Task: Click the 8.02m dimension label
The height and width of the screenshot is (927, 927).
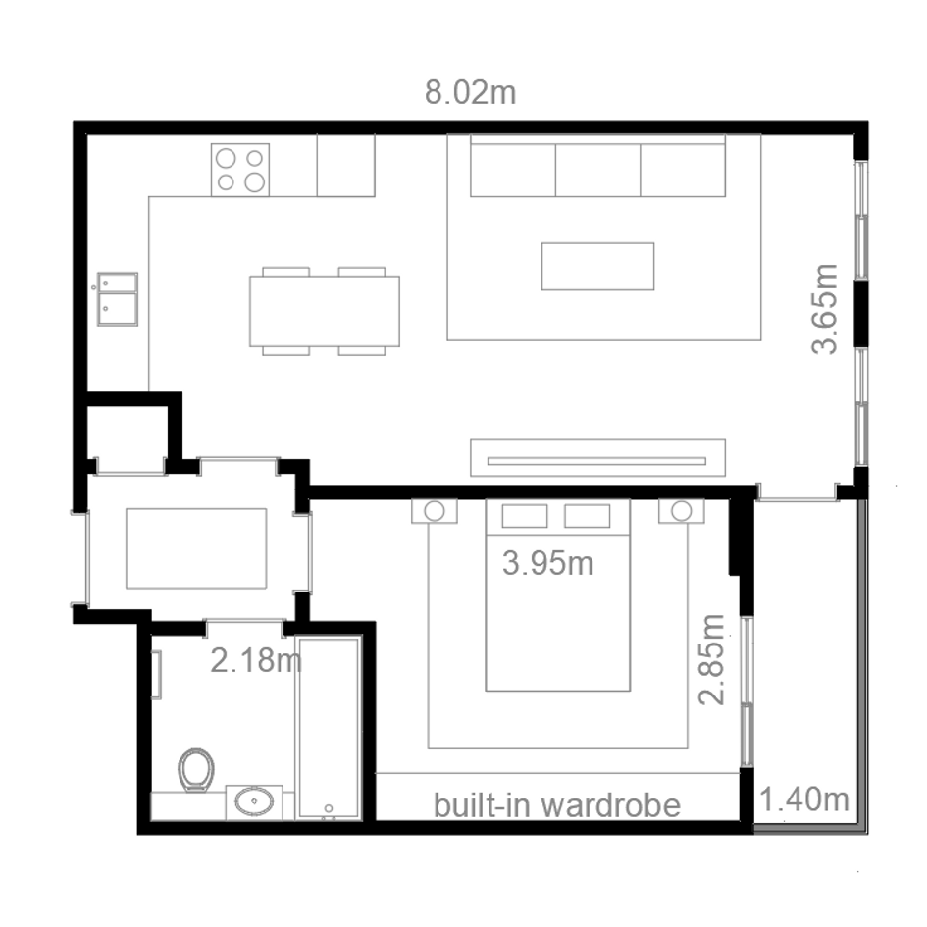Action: (471, 93)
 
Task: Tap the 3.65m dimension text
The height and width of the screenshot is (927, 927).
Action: (824, 309)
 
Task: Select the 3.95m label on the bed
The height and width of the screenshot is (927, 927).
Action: (548, 563)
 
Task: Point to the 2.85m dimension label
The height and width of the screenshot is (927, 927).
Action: (711, 660)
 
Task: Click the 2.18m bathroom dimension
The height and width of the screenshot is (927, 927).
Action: (256, 660)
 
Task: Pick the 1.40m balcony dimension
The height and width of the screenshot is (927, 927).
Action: (804, 799)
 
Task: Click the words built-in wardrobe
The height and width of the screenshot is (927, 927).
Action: (557, 805)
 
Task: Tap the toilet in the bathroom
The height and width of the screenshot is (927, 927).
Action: (196, 770)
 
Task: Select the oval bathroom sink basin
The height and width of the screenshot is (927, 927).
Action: (254, 801)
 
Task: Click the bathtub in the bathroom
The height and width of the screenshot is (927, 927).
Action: (329, 728)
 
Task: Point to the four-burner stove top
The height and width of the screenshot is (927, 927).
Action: (240, 170)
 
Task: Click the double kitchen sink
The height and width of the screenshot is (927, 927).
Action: (118, 298)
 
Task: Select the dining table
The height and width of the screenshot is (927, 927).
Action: (325, 311)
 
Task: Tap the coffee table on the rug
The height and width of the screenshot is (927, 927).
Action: (597, 266)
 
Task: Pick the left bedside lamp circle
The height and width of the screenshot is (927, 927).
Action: (435, 511)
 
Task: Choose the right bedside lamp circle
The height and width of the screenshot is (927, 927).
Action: (682, 511)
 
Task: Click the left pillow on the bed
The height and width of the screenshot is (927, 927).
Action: (525, 516)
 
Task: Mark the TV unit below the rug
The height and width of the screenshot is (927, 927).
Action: (597, 457)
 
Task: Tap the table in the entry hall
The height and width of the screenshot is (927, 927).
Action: (196, 548)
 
